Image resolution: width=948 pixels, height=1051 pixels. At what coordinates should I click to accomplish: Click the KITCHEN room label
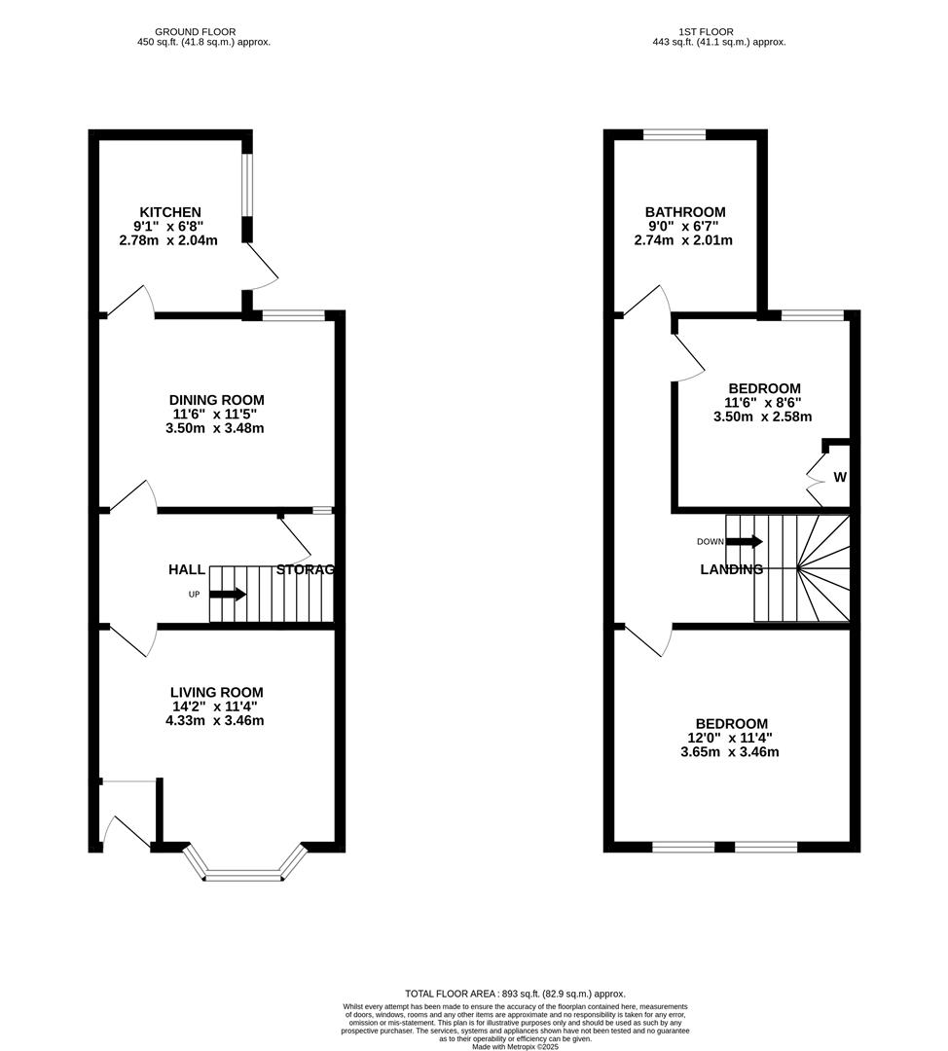[170, 212]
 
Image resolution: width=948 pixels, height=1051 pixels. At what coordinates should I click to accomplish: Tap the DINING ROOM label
[216, 400]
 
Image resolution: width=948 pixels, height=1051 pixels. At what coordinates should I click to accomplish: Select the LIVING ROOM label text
[216, 693]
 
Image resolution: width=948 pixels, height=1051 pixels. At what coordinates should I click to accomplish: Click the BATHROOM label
[685, 212]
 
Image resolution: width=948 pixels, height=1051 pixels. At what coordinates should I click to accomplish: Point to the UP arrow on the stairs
[228, 594]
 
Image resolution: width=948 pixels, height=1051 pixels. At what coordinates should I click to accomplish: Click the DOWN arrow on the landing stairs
[745, 541]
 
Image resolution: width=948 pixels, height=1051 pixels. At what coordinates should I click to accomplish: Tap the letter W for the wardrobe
[839, 478]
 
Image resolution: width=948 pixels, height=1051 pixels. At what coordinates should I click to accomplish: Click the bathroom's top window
[674, 135]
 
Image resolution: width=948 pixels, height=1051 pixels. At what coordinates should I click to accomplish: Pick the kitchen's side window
[247, 186]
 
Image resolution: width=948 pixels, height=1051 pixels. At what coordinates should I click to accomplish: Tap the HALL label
[187, 570]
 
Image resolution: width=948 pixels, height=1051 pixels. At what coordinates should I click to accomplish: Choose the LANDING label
[731, 570]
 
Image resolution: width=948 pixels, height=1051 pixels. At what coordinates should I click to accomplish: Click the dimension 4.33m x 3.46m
[215, 721]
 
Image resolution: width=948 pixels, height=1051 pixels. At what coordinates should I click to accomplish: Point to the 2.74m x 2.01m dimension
[684, 240]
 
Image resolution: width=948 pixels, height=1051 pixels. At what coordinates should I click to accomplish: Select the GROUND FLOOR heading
[196, 32]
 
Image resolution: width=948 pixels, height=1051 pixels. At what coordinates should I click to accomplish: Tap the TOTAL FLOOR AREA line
[516, 994]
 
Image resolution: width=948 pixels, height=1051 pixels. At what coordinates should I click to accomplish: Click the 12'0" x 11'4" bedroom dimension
[732, 738]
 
